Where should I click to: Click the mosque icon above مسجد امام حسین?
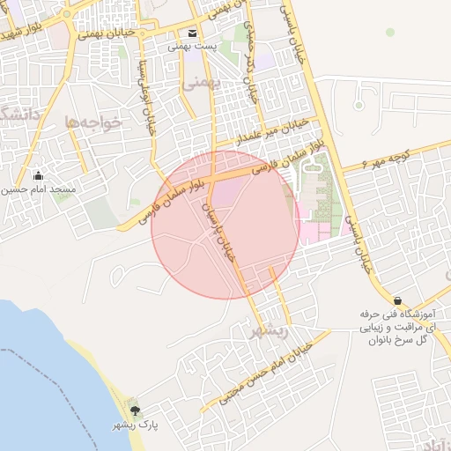click(x=37, y=175)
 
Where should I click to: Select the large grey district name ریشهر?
click(x=269, y=331)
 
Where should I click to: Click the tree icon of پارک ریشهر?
click(x=135, y=410)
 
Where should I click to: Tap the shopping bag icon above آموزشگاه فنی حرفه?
click(x=398, y=300)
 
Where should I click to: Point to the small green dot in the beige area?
click(x=389, y=33)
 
